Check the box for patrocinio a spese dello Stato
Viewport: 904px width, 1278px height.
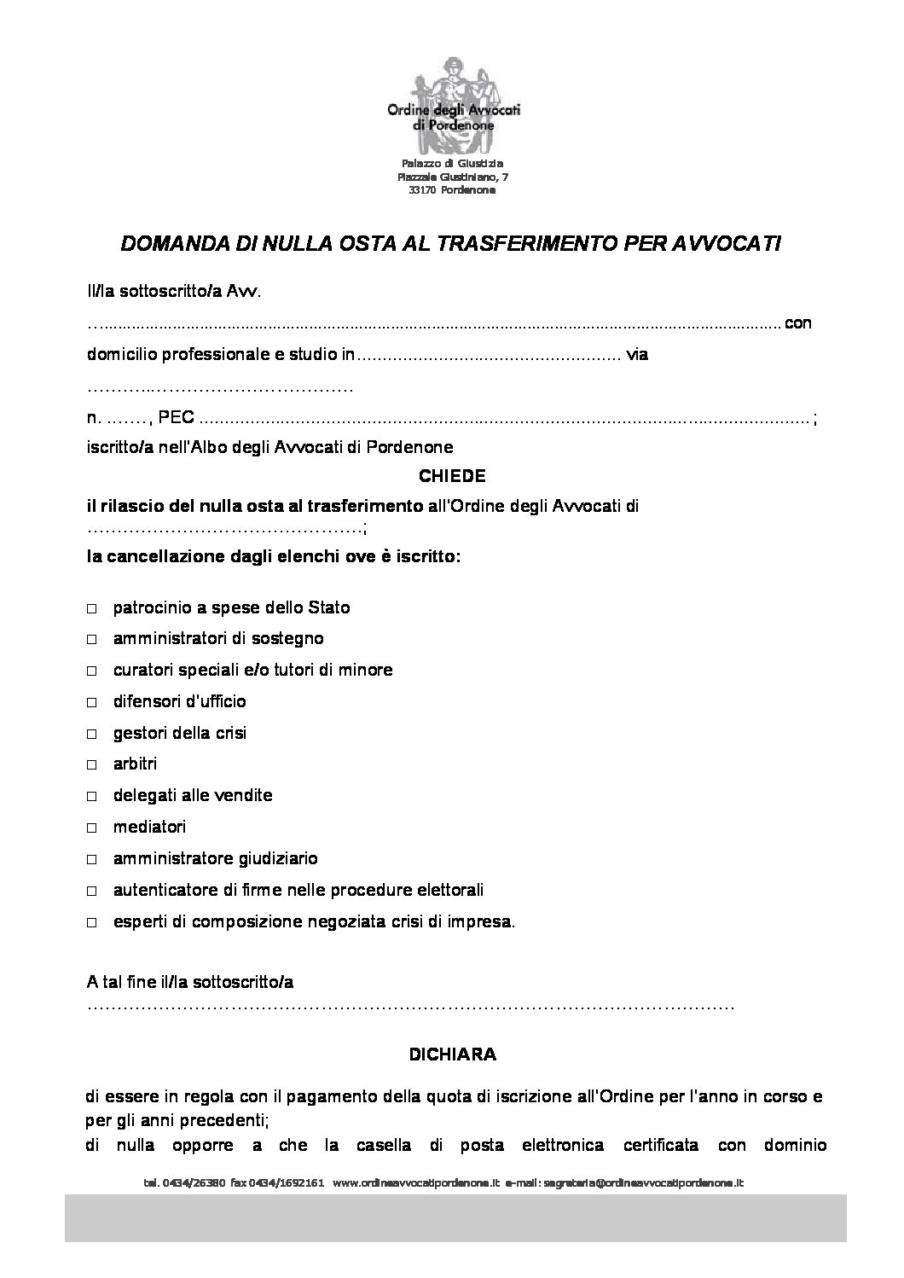click(x=92, y=608)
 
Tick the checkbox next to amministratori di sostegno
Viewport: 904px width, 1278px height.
click(x=92, y=640)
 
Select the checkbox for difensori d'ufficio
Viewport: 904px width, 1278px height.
click(x=92, y=703)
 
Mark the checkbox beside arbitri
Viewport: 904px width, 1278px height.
click(x=92, y=765)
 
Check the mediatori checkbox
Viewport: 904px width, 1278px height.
click(x=92, y=828)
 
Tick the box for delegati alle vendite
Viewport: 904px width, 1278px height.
click(x=92, y=797)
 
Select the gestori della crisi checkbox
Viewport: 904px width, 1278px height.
click(x=92, y=734)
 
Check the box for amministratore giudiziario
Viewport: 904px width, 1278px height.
click(x=92, y=860)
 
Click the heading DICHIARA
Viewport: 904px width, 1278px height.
click(x=452, y=1054)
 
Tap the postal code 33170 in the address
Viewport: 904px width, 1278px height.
click(x=422, y=190)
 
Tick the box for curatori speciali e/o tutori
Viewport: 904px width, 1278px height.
click(x=92, y=671)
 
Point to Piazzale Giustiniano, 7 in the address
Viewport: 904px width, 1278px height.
click(x=452, y=177)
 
